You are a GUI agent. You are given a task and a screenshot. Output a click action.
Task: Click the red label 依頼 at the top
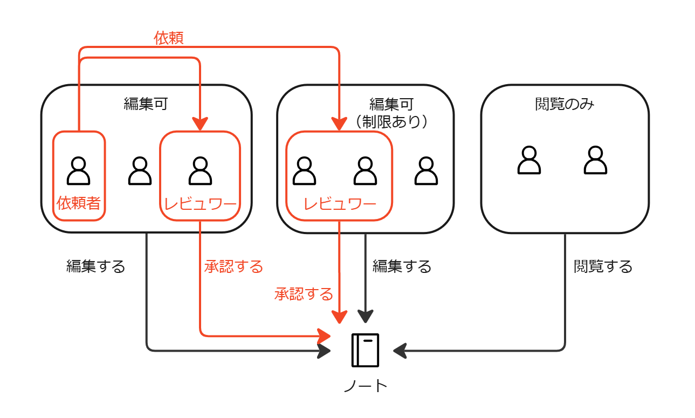click(169, 38)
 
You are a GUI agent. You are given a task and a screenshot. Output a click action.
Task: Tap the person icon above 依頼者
click(79, 170)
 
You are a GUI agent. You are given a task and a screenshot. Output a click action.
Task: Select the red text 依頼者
click(79, 203)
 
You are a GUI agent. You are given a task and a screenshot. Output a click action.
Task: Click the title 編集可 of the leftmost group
click(146, 104)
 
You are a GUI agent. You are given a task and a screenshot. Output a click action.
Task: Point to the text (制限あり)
click(391, 122)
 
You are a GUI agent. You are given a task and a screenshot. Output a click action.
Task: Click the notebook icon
click(366, 350)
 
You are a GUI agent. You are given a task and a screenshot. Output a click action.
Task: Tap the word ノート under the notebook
click(366, 386)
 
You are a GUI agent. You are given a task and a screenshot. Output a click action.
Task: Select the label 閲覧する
click(603, 266)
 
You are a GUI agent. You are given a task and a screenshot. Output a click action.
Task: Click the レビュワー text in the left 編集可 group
click(200, 204)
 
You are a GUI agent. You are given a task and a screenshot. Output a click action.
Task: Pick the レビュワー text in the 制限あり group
click(339, 204)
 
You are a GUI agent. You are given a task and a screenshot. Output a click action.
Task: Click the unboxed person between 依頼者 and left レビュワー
click(140, 170)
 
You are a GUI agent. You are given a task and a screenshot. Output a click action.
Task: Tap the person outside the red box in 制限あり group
click(426, 170)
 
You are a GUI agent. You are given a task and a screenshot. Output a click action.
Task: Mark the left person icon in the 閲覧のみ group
click(529, 160)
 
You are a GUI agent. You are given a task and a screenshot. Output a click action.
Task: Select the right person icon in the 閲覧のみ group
click(595, 160)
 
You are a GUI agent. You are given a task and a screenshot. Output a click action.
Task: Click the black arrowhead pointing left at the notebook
click(400, 351)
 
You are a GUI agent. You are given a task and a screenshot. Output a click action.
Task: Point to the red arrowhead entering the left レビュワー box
click(200, 125)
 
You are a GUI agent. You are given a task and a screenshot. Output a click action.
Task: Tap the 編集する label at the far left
click(95, 266)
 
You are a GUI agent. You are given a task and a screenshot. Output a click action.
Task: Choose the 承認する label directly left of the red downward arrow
click(304, 294)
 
